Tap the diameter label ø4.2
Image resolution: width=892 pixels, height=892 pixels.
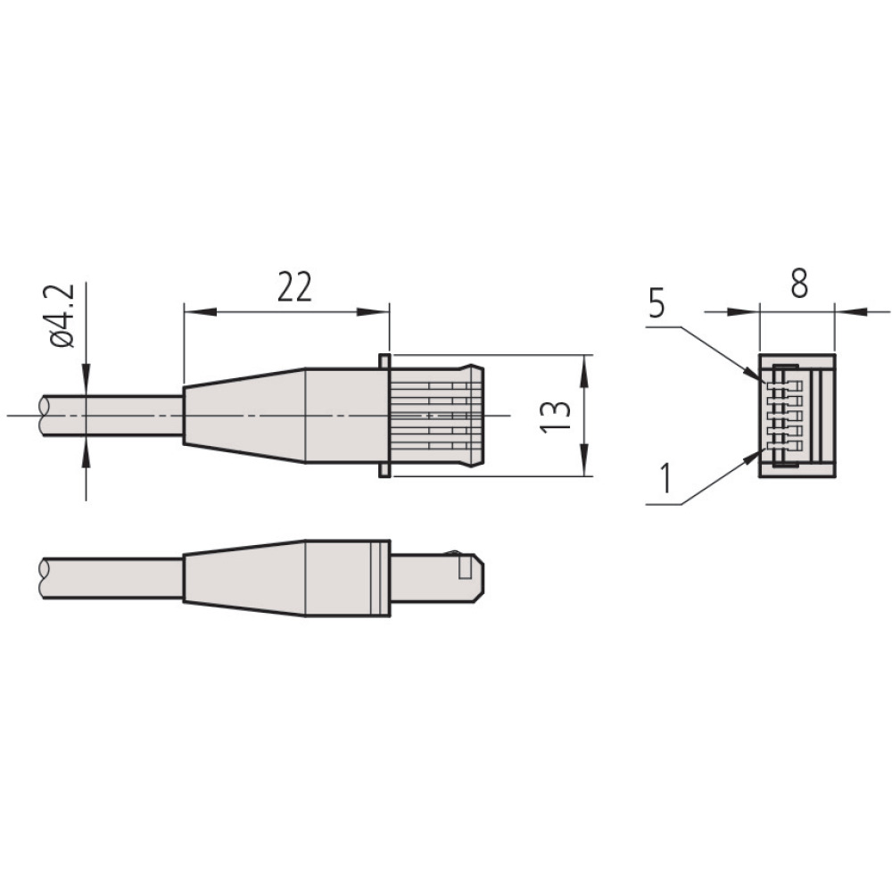pos(62,315)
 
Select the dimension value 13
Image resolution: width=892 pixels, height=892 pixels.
pos(555,417)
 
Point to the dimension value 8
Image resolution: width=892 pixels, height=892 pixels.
pos(799,283)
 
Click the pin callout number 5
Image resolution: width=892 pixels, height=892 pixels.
pos(656,304)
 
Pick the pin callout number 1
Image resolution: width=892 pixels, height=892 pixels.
pos(664,478)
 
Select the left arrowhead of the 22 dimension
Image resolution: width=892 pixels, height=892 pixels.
pos(200,311)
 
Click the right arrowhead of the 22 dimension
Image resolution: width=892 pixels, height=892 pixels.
pos(374,311)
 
